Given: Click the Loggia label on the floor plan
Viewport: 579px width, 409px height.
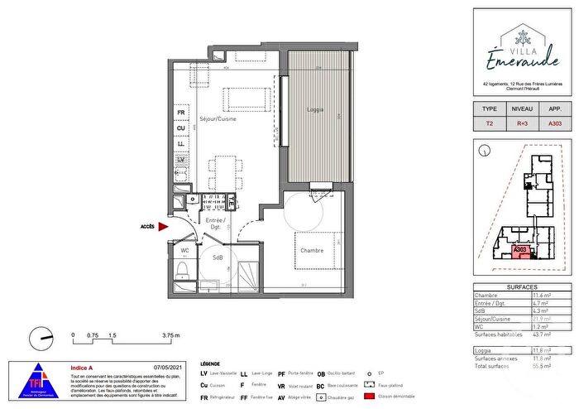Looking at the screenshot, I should [315, 110].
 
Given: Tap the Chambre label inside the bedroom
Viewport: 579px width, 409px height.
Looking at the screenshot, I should [312, 252].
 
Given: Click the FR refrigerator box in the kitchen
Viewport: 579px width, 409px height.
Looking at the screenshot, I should [179, 112].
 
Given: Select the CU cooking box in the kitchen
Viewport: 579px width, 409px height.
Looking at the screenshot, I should [179, 128].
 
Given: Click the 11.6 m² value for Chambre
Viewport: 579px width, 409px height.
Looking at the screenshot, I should [542, 296].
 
